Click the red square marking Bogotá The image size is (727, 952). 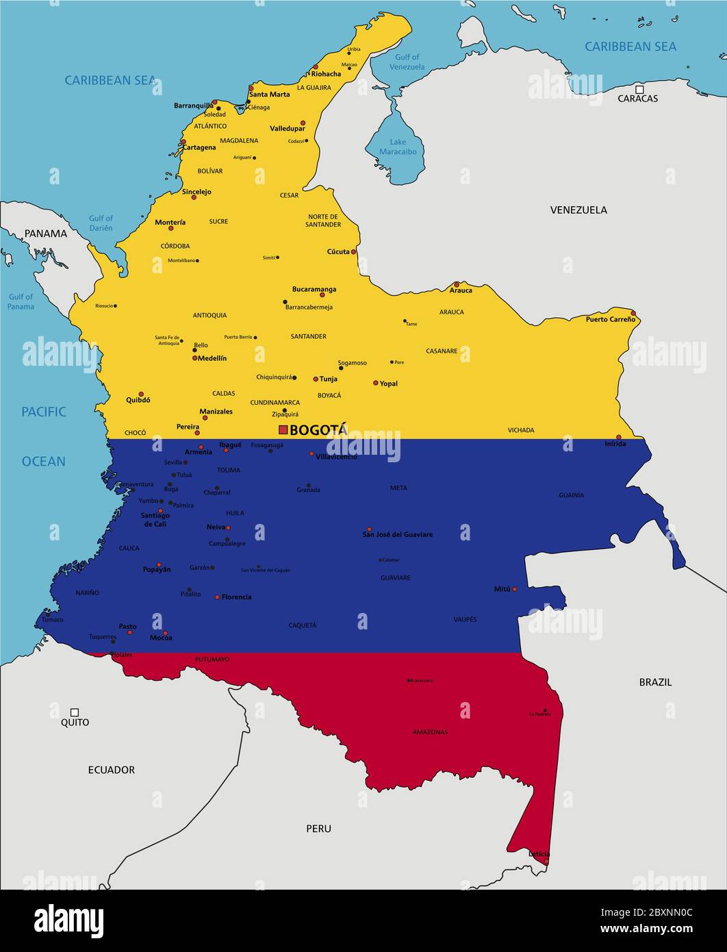coord(283,429)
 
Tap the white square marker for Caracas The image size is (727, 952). coord(639,89)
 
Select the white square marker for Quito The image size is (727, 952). coord(75,712)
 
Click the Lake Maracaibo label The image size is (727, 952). coord(398,147)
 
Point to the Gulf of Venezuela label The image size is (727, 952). coord(407,62)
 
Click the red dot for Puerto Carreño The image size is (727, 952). coord(633,314)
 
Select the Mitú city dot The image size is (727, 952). coord(515,589)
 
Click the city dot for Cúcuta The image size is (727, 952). coord(353,252)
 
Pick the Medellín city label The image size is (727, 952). coord(212,358)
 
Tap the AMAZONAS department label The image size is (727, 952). coord(430,732)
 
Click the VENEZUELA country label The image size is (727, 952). coord(578,210)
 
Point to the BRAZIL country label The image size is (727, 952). coord(655,682)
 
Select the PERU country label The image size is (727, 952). coord(318,829)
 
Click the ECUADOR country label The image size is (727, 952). coord(111,770)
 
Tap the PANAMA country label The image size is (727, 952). coord(46,234)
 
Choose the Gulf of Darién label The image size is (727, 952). coord(101,223)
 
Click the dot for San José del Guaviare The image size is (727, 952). coord(369,529)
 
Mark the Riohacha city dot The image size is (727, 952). coord(316,67)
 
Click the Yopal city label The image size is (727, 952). coord(388,384)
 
